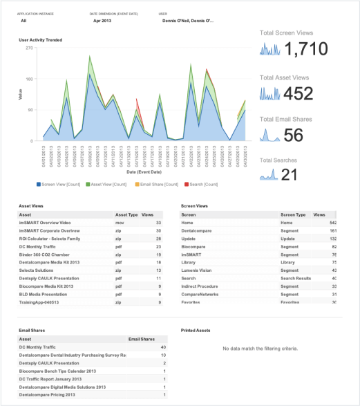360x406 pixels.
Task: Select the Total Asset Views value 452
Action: [x=298, y=94]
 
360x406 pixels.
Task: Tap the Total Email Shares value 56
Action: [x=294, y=136]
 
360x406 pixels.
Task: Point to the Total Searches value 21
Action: [x=289, y=175]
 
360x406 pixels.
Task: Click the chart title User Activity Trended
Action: [x=40, y=40]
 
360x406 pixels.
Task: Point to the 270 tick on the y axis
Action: [x=28, y=48]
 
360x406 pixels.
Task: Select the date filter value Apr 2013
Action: [x=102, y=21]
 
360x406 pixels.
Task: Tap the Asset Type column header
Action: [x=126, y=215]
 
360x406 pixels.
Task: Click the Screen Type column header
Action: [x=292, y=215]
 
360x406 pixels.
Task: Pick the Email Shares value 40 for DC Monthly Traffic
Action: [x=162, y=347]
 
